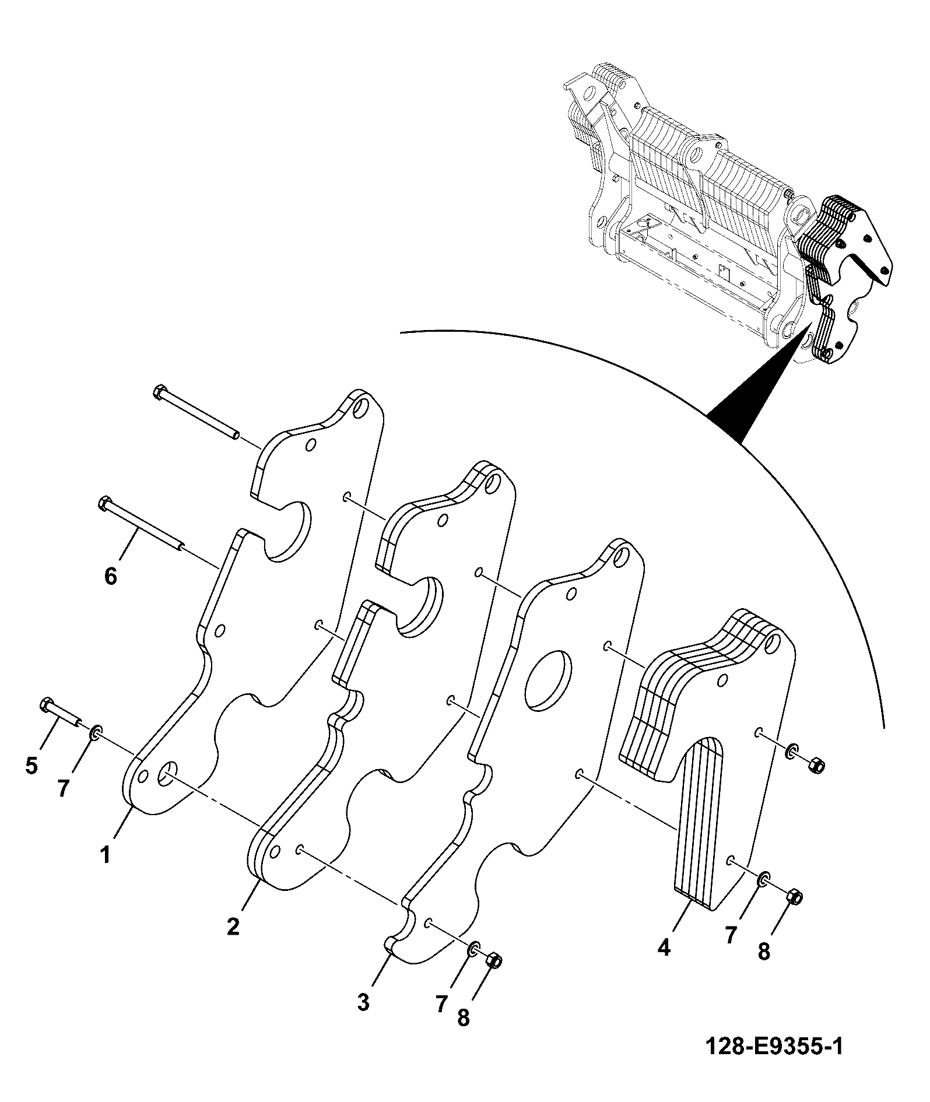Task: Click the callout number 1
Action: [105, 855]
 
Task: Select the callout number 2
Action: [233, 926]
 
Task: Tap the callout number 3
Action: [363, 1003]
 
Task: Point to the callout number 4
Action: [664, 948]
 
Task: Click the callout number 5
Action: [32, 765]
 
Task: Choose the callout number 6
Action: [110, 577]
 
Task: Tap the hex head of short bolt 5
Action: [46, 705]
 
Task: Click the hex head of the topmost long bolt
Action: [160, 392]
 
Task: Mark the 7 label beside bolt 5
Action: [64, 788]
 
